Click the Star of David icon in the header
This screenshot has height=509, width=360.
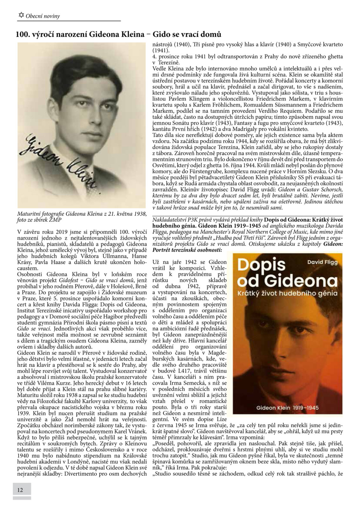[x=22, y=15]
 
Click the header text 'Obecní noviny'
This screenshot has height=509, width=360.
[x=43, y=16]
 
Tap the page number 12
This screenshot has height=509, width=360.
[x=20, y=490]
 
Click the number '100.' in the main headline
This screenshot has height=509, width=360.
[x=23, y=34]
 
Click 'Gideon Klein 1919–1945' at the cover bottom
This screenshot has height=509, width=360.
[x=288, y=408]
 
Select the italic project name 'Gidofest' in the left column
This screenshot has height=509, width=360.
[x=68, y=280]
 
